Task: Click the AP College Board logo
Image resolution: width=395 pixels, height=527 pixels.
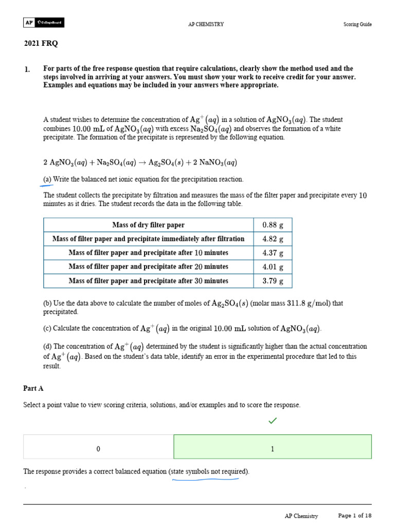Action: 44,23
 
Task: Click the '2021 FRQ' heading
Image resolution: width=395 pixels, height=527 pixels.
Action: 41,44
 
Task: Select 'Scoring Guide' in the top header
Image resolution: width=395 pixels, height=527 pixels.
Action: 357,24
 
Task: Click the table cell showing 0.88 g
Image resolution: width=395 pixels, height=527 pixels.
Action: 273,225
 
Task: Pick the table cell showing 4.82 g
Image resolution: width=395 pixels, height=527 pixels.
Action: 273,239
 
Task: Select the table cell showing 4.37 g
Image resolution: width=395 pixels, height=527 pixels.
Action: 273,253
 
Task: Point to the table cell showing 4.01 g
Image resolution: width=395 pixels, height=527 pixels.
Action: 273,267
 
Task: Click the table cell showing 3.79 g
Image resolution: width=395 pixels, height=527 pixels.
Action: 273,281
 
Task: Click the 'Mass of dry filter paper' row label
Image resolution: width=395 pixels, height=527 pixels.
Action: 148,225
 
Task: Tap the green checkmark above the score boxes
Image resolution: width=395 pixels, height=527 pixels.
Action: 273,421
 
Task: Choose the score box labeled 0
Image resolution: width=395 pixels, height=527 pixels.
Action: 98,449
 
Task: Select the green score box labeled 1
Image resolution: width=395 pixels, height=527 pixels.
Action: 273,449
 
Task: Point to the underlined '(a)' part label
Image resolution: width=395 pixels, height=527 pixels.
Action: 48,179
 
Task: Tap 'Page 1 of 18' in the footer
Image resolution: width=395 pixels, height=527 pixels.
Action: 354,515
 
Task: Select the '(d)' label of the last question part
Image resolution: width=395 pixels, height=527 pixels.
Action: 48,346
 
